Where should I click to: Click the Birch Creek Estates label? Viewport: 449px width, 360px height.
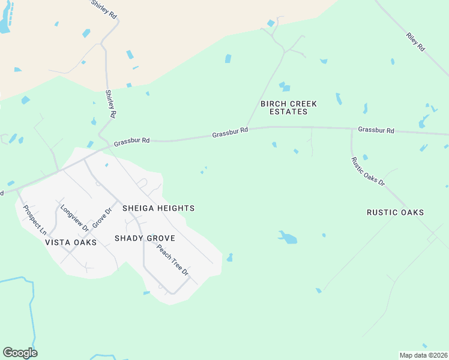coord(288,108)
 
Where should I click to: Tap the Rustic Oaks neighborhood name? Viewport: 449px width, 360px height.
coord(395,212)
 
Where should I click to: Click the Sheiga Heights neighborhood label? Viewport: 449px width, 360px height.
coord(158,208)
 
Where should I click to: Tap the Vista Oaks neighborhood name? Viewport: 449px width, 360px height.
coord(70,242)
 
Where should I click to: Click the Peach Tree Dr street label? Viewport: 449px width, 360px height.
coord(173,260)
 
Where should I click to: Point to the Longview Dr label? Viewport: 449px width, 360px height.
coord(74,218)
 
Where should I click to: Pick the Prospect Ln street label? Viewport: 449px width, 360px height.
coord(34,219)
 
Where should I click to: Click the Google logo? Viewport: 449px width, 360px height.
coord(20,352)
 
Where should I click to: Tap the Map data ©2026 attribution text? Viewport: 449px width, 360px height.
coord(423,355)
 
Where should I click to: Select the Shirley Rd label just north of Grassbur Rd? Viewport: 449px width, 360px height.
coord(111,104)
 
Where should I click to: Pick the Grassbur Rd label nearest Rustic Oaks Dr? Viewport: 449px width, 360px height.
coord(376,130)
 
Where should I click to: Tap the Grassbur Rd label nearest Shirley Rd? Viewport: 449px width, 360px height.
coord(131,142)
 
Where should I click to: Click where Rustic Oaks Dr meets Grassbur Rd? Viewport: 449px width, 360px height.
coord(352,129)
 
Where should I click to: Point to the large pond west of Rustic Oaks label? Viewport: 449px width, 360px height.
coord(288,238)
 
